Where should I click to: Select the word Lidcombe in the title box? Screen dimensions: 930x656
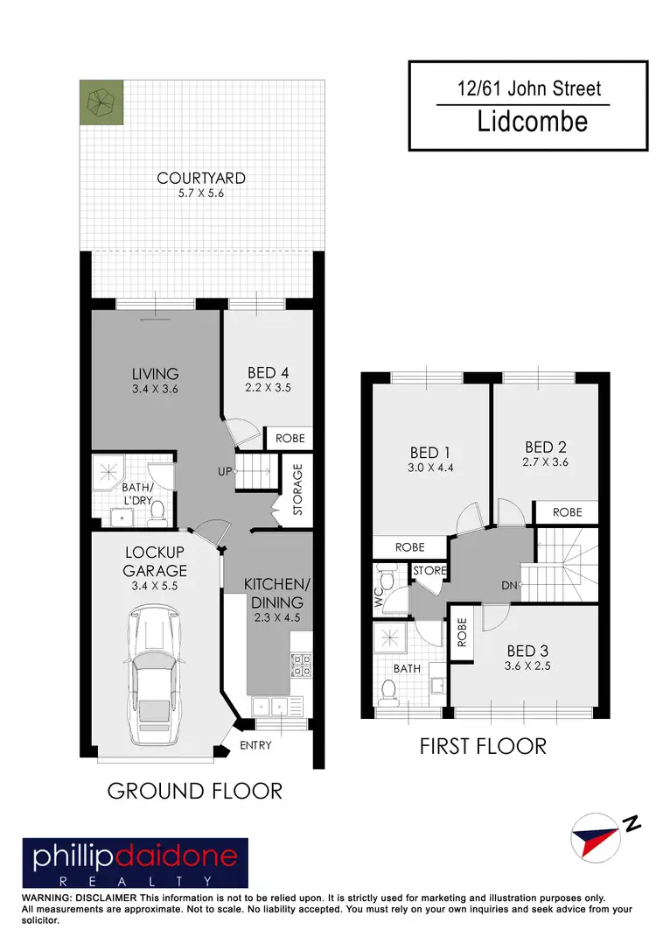tap(532, 121)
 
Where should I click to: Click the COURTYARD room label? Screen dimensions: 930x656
tap(201, 178)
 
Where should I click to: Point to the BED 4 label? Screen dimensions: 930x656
tap(268, 372)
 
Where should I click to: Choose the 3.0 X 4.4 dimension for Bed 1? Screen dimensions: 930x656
tap(429, 468)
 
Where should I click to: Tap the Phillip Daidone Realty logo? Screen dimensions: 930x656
tap(135, 863)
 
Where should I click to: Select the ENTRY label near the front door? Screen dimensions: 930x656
tap(255, 746)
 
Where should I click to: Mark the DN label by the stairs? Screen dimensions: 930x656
tap(511, 586)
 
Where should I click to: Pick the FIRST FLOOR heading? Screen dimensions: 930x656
tap(483, 746)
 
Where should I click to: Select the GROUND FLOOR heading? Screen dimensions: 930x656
tap(194, 792)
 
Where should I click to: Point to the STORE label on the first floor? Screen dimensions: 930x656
tap(430, 571)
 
